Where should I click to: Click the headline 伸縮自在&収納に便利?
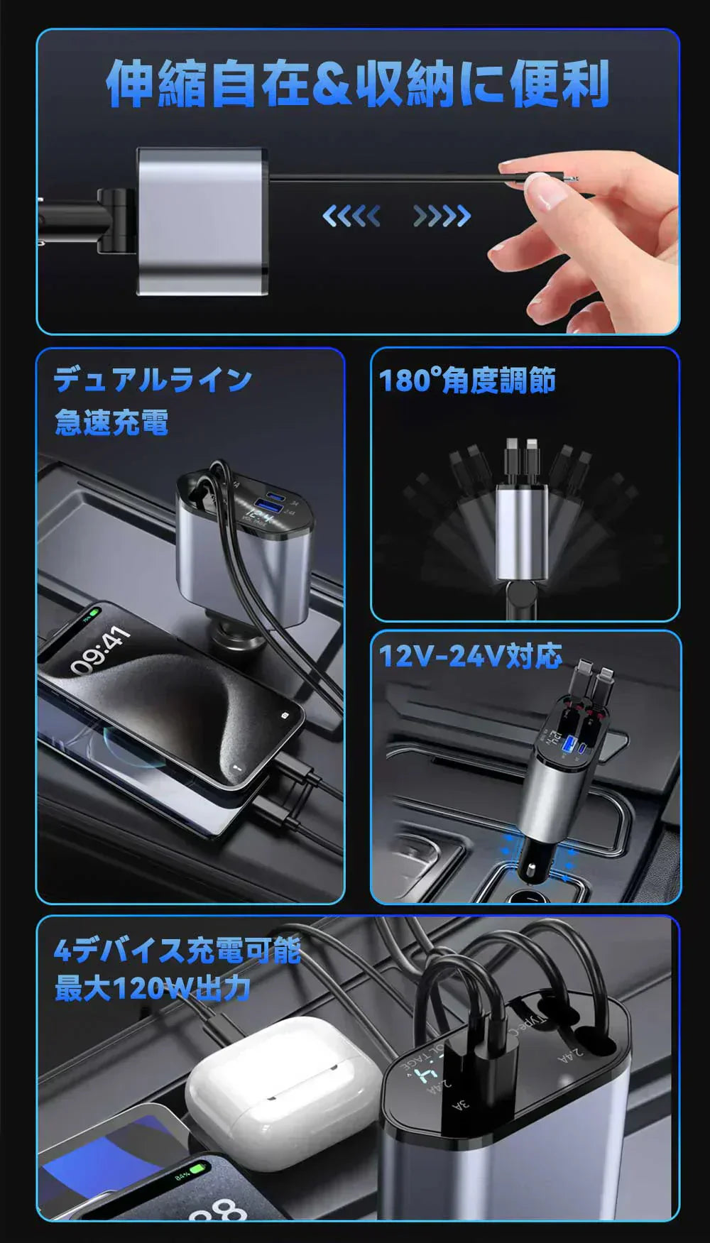(x=357, y=84)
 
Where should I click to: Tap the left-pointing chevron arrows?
(x=351, y=216)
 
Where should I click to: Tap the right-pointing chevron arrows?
(x=442, y=216)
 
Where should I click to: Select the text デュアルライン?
(x=153, y=380)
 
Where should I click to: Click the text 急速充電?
(x=111, y=422)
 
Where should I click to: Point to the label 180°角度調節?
(x=466, y=381)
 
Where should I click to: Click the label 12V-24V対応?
(x=470, y=656)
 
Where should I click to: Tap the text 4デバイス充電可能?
(x=177, y=950)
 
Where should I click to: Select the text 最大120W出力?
(x=152, y=988)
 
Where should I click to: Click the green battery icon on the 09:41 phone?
(x=92, y=613)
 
